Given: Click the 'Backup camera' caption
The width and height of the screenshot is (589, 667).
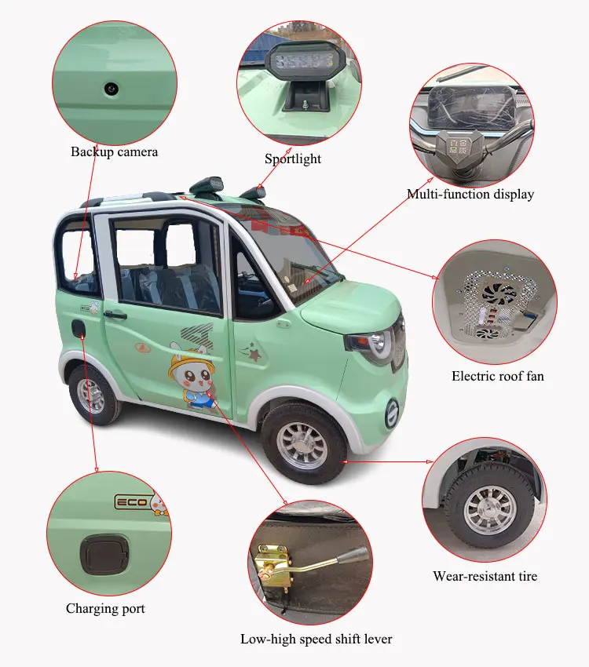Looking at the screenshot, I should click(114, 151).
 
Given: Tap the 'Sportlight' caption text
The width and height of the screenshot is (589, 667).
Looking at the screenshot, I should click(293, 159).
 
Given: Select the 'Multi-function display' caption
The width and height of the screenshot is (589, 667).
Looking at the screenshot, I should click(470, 194).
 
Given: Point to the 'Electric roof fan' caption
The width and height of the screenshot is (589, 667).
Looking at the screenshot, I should click(497, 376).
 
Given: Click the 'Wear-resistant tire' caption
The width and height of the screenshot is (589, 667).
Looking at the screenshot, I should click(485, 576).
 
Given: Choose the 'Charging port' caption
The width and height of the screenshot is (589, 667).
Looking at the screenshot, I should click(105, 608).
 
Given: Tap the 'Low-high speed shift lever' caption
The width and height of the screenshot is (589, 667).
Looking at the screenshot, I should click(316, 639).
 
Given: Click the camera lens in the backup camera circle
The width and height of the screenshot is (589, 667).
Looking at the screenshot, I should click(112, 89).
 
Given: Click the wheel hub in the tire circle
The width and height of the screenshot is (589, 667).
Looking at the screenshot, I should click(490, 510).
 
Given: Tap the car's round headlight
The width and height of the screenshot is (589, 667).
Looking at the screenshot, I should click(375, 344).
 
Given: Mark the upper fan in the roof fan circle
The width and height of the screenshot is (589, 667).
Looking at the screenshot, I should click(499, 295).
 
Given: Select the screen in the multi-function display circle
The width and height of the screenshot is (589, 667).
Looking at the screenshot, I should click(470, 109).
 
